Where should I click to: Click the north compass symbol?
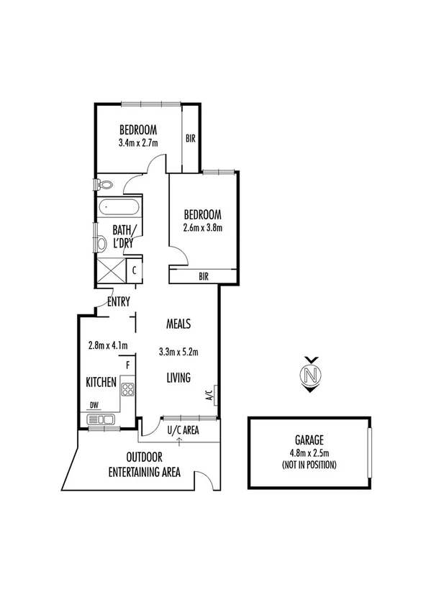coord(310,375)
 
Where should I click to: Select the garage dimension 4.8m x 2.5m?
coord(309,454)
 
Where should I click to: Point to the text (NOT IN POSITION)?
coord(309,465)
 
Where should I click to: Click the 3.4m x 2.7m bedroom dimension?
coord(138,142)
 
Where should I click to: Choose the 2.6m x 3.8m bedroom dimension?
coord(203,228)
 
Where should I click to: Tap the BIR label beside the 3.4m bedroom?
coord(191,139)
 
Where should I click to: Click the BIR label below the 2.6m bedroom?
coord(204,276)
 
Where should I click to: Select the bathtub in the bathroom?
coord(119,209)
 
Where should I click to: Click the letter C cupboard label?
coord(134,270)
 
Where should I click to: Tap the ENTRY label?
coord(119,302)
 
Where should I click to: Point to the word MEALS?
coord(178,324)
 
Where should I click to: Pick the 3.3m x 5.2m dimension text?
coord(178,352)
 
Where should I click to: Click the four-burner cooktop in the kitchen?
coord(128,390)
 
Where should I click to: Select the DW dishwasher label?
coord(94,405)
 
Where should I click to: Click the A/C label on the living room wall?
coord(209,395)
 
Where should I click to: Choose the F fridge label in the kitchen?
coord(127,365)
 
